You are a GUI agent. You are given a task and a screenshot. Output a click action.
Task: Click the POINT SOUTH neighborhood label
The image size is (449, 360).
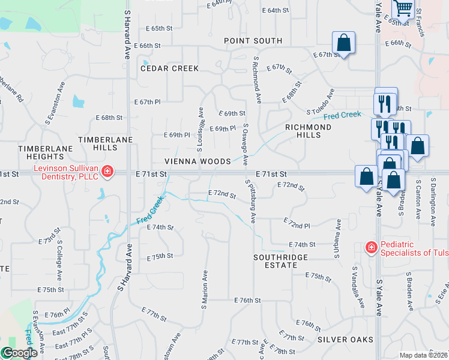click(x=253, y=41)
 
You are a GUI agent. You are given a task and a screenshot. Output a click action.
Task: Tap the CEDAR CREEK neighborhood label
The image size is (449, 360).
click(x=169, y=68)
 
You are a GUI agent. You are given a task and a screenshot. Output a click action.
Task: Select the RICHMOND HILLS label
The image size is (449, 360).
click(x=308, y=131)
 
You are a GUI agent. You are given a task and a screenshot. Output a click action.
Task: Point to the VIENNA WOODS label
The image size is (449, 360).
click(x=198, y=162)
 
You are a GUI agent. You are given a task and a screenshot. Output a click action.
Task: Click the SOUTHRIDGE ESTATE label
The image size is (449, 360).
click(x=280, y=262)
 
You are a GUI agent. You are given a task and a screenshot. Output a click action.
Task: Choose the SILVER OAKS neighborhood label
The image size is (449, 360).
click(x=345, y=340)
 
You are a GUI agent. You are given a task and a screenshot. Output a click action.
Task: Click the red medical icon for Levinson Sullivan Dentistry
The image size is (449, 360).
click(x=107, y=172)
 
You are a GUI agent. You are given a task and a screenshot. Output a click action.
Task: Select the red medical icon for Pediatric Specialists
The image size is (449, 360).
click(x=372, y=247)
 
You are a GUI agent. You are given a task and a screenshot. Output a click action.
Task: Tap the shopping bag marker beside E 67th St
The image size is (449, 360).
click(x=344, y=43)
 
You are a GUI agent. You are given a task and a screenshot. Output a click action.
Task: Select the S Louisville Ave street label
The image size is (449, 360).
click(x=200, y=128)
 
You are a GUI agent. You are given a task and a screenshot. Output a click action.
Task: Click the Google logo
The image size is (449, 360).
click(x=19, y=353)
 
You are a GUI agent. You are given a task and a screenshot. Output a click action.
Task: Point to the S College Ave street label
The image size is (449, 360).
click(x=59, y=261)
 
